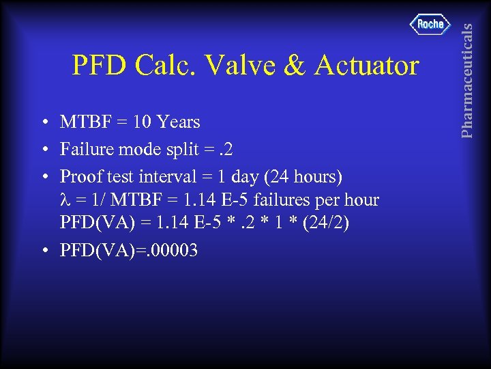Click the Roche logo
430,25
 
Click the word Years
178,122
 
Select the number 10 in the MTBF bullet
143,122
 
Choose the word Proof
79,176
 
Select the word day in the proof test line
246,176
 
